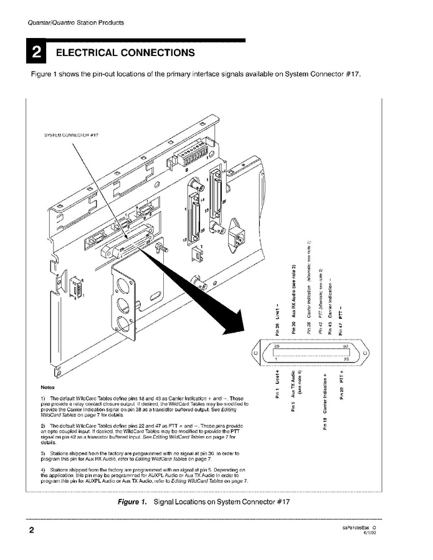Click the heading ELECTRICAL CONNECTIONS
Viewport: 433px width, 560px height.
coord(125,53)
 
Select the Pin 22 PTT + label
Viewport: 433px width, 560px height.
coord(341,383)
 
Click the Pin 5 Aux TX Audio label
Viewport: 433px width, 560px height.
coord(293,391)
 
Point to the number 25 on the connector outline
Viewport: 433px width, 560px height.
coord(345,359)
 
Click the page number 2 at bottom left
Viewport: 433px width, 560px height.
coord(31,531)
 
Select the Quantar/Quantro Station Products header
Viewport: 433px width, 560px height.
coord(67,22)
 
